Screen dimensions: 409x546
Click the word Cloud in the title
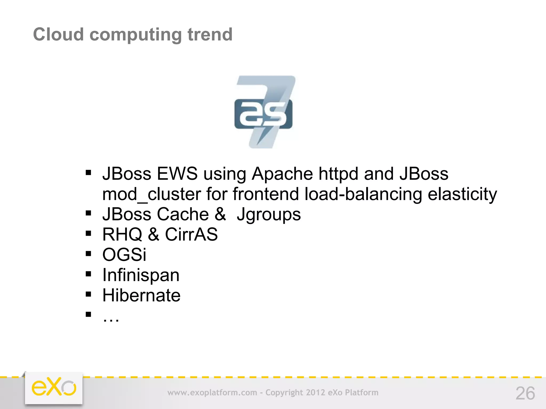tap(58, 35)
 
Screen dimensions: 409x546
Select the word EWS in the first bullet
tap(177, 174)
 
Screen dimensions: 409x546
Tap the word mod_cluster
tap(151, 194)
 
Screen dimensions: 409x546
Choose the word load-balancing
tap(363, 194)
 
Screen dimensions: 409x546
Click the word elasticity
tap(462, 194)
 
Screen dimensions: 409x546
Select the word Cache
tap(183, 214)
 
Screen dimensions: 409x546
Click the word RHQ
tap(122, 235)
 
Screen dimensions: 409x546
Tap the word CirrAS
tap(191, 235)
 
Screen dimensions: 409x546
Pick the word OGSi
tap(124, 255)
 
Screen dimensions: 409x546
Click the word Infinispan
tap(141, 275)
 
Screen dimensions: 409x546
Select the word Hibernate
tap(141, 296)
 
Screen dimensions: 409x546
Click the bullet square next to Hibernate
tap(89, 294)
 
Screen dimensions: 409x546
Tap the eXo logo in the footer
tap(54, 388)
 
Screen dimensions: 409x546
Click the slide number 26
tap(525, 393)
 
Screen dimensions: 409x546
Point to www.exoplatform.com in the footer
tap(212, 392)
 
